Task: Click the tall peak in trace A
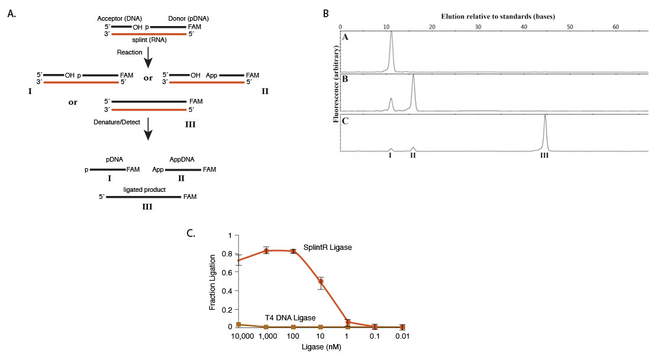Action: coord(391,34)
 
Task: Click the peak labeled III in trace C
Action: coord(545,117)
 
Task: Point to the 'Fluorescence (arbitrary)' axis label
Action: coord(336,88)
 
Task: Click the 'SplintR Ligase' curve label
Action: coord(329,247)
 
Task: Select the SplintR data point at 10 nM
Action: coord(321,281)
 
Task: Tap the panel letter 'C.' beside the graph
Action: coord(191,233)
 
